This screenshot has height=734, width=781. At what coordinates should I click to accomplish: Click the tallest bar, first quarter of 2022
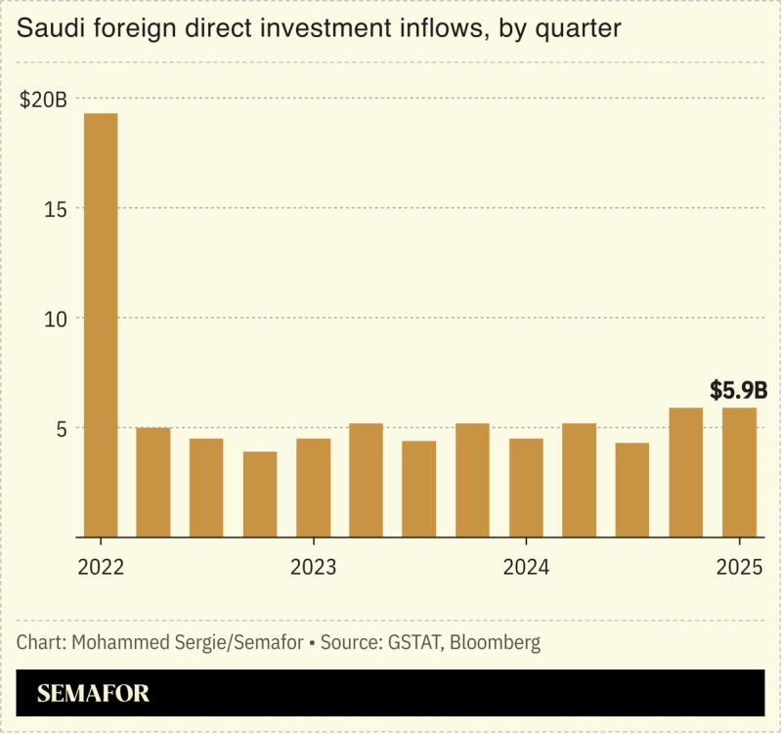tap(101, 324)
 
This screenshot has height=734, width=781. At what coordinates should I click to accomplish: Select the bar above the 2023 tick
tap(313, 488)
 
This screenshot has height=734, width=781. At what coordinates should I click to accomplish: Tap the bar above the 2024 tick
tap(526, 488)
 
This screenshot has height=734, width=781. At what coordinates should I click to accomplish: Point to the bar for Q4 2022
tap(260, 494)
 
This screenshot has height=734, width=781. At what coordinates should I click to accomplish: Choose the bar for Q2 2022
tap(153, 482)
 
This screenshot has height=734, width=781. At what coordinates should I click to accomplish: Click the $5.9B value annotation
tap(738, 391)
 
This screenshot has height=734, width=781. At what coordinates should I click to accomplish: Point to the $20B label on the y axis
tap(43, 100)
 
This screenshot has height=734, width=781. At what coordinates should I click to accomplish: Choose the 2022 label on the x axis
tap(101, 567)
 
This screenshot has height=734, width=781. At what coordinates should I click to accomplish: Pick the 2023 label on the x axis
tap(313, 567)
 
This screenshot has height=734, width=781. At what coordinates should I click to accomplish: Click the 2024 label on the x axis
tap(526, 567)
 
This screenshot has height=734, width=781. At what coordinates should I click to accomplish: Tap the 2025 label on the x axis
tap(739, 567)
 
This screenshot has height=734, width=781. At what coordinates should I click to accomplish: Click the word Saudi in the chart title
tap(47, 29)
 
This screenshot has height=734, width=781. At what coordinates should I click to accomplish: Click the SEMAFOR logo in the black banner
tap(93, 694)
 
